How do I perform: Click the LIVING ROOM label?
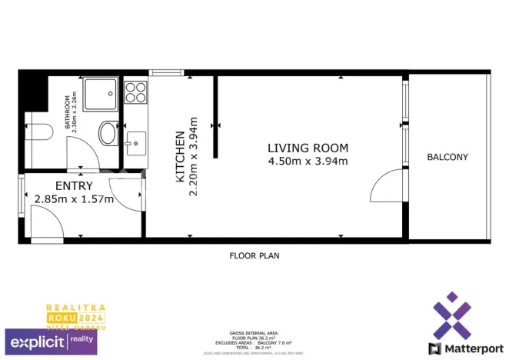(308, 148)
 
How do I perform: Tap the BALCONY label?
(447, 157)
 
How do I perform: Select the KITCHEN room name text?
(181, 157)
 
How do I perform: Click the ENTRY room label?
(74, 185)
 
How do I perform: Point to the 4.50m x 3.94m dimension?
(308, 162)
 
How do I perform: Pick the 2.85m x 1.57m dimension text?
(74, 199)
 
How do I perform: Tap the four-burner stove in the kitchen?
(135, 92)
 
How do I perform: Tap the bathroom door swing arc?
(81, 158)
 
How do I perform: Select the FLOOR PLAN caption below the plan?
(253, 255)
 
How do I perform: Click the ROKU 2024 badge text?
(75, 317)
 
